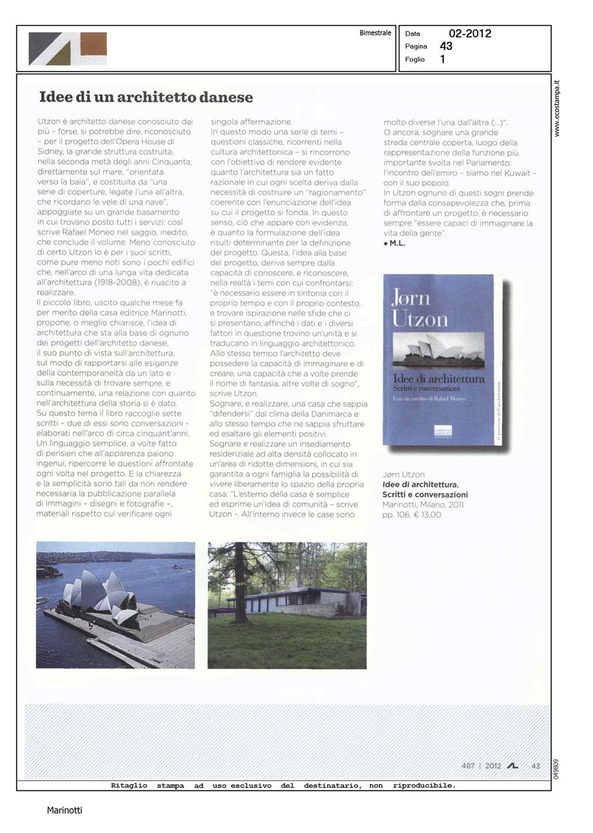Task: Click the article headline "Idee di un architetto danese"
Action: tap(146, 97)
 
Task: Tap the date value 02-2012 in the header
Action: tap(470, 33)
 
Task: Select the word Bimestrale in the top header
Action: tap(375, 33)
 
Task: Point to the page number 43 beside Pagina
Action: tap(446, 47)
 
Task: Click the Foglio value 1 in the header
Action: tap(442, 60)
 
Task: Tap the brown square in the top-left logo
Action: tap(93, 42)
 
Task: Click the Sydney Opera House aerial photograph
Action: tap(115, 605)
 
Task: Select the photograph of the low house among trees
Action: tap(286, 605)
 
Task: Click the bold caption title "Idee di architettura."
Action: tap(420, 485)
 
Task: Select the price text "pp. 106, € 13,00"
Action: tap(411, 514)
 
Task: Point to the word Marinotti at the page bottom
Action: tap(65, 809)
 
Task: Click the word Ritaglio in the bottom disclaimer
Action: tap(129, 786)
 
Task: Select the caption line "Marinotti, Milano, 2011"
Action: tap(423, 505)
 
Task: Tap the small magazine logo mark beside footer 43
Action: tap(513, 766)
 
